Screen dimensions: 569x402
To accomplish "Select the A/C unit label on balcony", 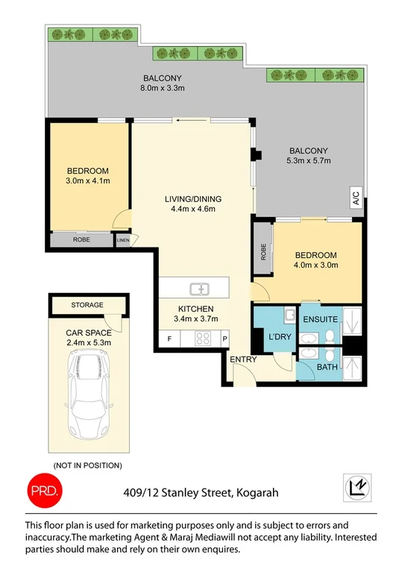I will click(x=356, y=199).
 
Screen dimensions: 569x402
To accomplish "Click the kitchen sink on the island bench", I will click(x=199, y=289).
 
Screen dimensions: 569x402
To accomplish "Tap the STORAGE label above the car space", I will click(x=87, y=305).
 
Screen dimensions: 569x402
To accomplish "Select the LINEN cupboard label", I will click(x=123, y=240).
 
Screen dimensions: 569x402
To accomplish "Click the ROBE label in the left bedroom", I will click(x=82, y=241).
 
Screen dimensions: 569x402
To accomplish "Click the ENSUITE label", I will click(x=320, y=319).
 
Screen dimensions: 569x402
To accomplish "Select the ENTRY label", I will click(x=243, y=359).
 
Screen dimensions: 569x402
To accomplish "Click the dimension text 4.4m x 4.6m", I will click(x=192, y=209).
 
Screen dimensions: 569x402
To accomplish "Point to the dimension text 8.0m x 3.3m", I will click(x=163, y=89).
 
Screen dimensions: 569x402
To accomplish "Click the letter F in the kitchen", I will click(x=169, y=339).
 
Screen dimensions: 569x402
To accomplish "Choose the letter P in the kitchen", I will click(x=224, y=339).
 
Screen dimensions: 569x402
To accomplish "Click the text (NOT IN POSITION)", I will click(x=87, y=465).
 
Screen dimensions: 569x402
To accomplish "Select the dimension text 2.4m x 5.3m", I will click(x=87, y=343).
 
